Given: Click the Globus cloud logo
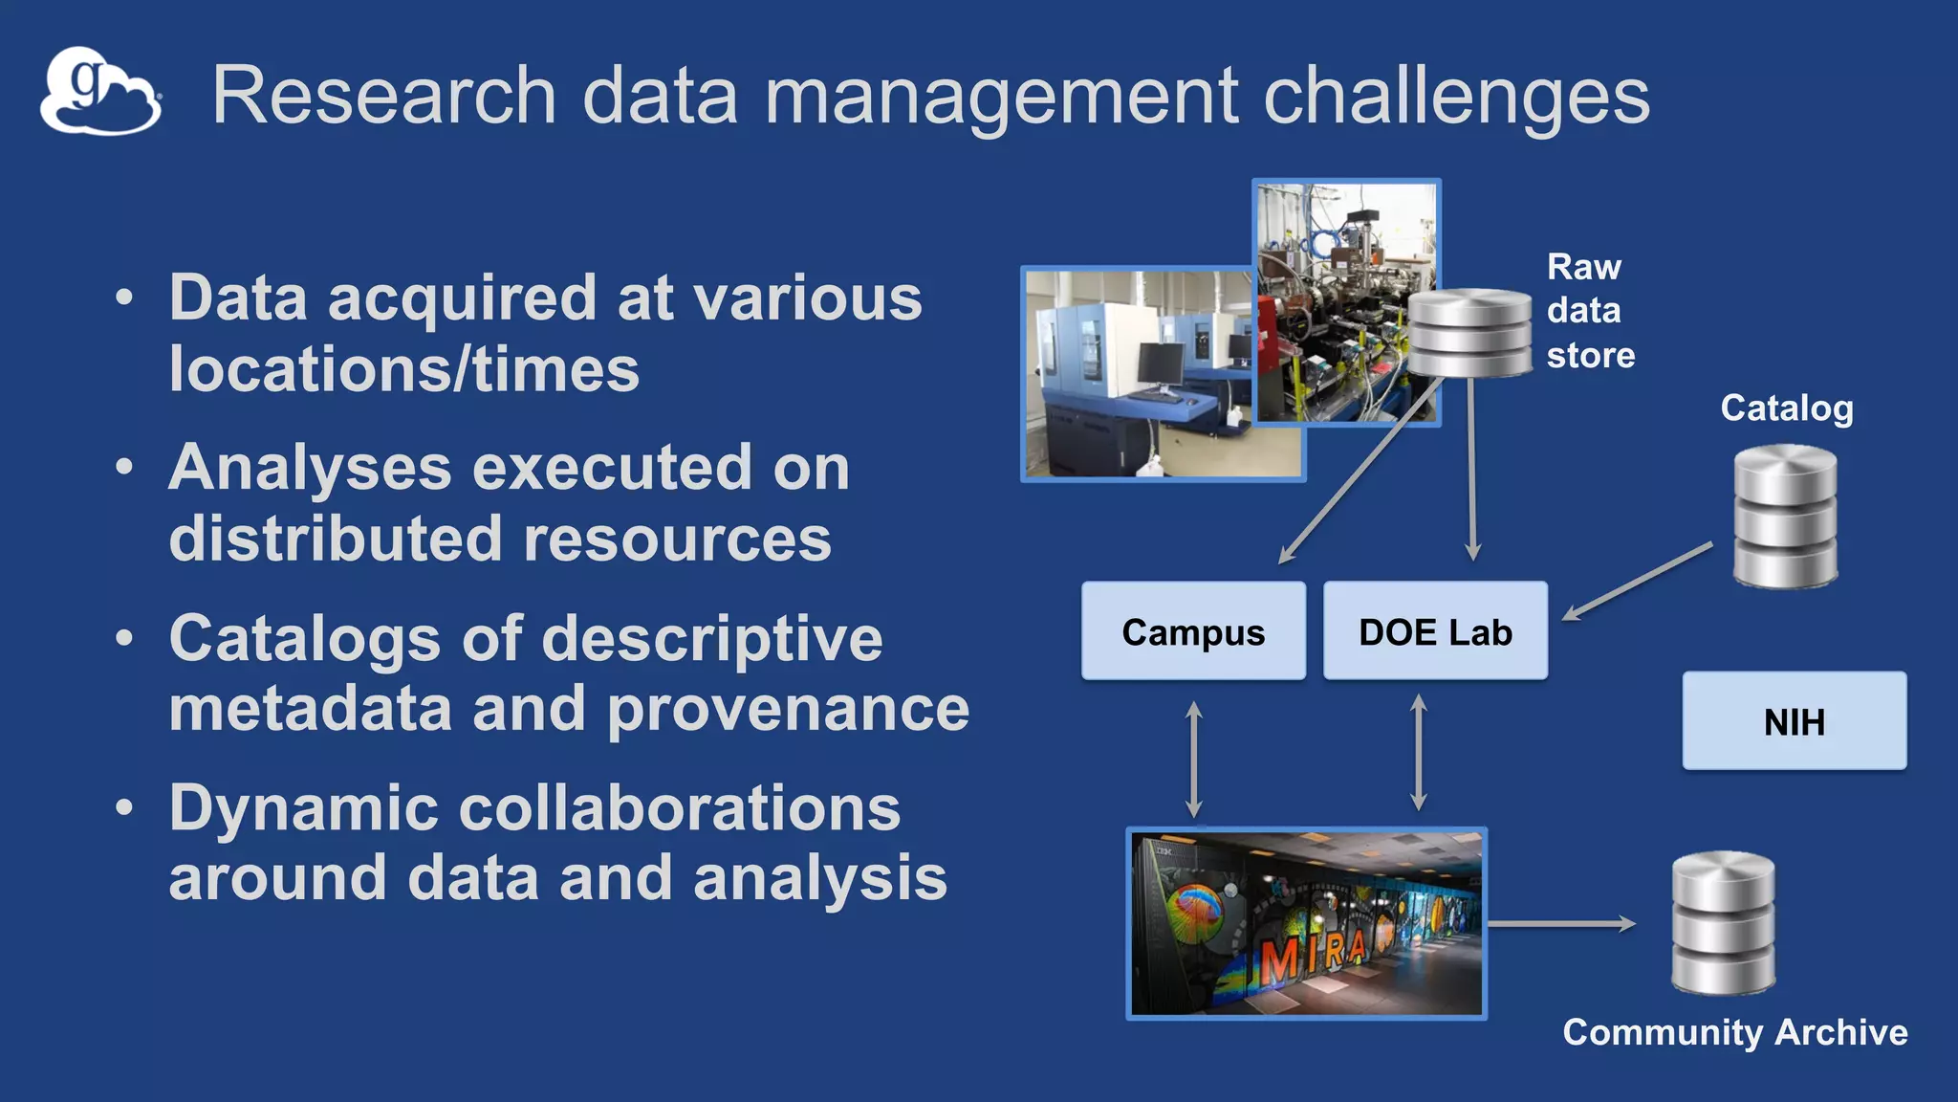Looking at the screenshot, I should tap(99, 92).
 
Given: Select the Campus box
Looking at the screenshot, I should tap(1193, 631).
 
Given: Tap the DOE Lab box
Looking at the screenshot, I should tap(1435, 631).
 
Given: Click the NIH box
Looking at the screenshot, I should tap(1794, 721).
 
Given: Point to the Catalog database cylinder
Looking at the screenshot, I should tap(1785, 517).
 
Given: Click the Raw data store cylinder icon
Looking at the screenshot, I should tap(1469, 333).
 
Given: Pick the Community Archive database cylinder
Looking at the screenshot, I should tap(1723, 923).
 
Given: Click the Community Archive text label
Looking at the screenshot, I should tap(1734, 1032).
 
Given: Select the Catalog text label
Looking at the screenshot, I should tap(1786, 408).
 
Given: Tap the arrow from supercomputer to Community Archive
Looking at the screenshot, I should tap(1561, 924).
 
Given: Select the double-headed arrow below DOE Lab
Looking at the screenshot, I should tap(1419, 754).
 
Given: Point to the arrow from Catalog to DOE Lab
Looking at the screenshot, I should tap(1637, 582).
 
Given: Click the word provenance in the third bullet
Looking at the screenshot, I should tap(788, 710).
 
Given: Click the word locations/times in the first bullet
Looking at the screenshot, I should tap(403, 370).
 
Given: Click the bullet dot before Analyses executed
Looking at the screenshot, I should tap(124, 468).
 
